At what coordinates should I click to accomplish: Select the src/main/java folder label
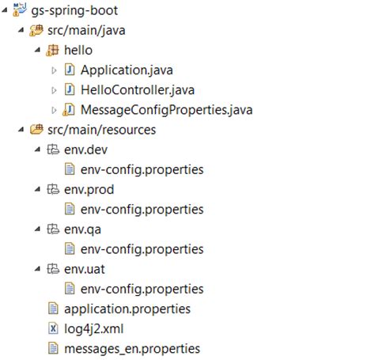coord(87,32)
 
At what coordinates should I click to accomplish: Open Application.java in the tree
coord(127,70)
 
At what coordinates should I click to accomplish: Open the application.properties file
coord(127,309)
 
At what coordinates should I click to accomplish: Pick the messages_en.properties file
coord(131,348)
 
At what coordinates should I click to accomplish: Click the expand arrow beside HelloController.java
coord(54,90)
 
